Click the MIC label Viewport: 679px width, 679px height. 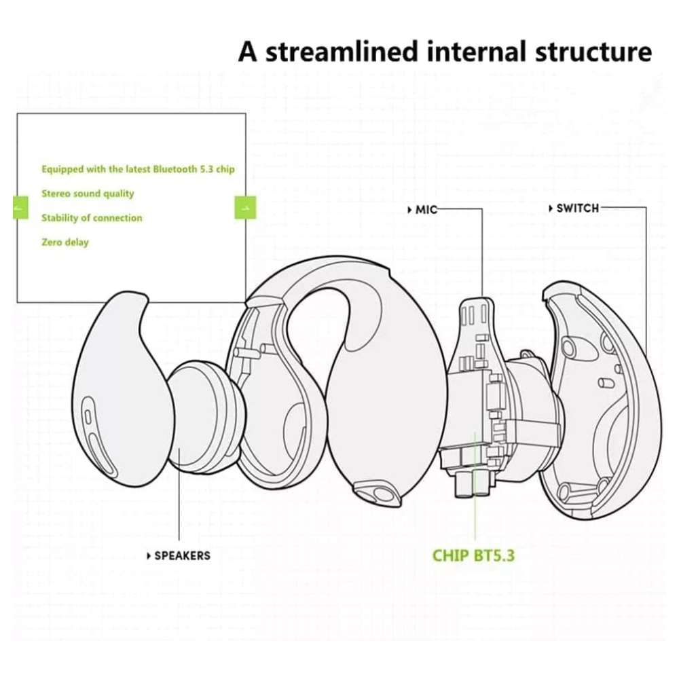click(426, 210)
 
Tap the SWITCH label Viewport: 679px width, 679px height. click(577, 208)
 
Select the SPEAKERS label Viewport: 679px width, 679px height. click(182, 555)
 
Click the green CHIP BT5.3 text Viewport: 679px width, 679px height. click(473, 555)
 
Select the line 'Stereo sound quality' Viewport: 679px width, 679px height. click(88, 194)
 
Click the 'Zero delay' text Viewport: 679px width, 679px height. click(65, 242)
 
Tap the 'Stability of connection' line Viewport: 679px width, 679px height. click(92, 218)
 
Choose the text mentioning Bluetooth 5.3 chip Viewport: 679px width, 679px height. click(138, 169)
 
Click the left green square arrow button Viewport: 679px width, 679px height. click(21, 207)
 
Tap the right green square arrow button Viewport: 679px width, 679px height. click(245, 207)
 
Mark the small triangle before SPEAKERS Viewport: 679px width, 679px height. click(149, 556)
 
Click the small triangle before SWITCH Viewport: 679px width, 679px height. click(550, 208)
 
